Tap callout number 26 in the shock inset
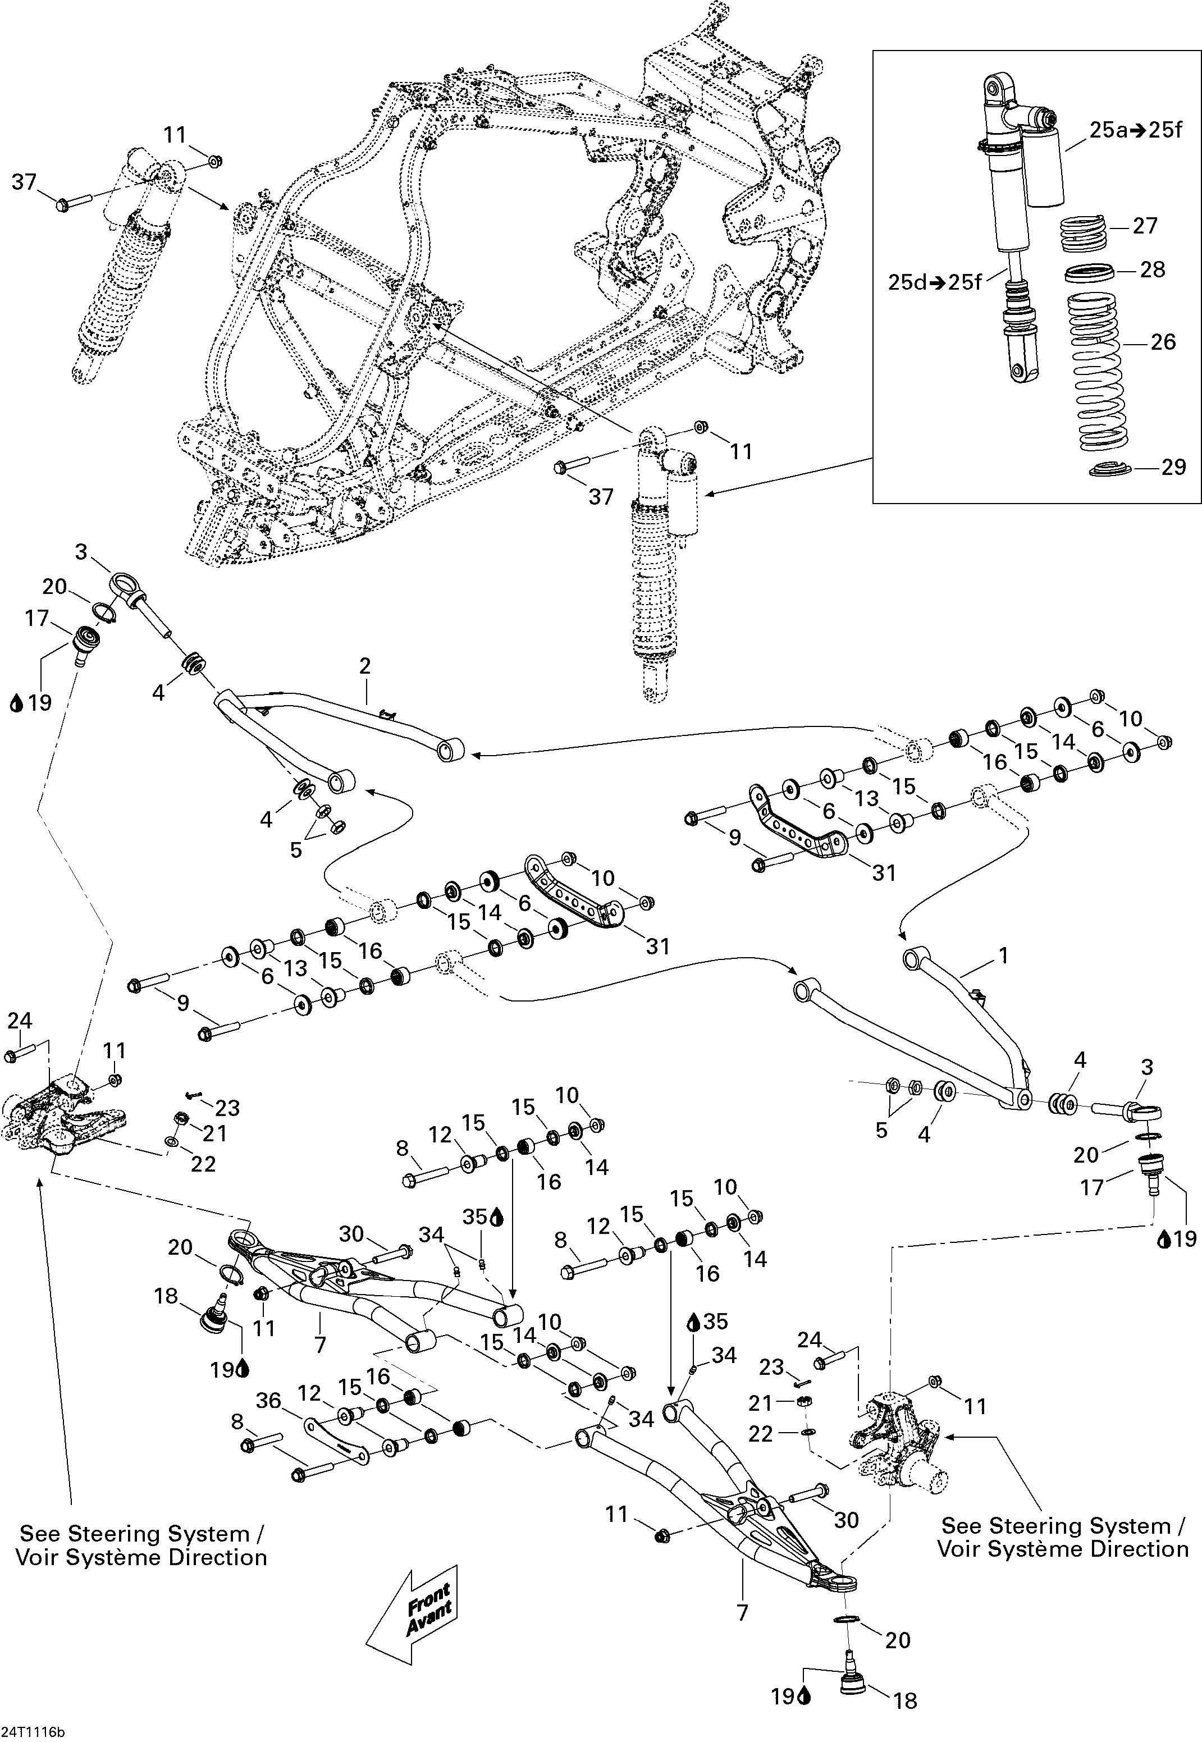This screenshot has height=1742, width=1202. point(1163,342)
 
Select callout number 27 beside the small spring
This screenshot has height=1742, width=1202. point(1145,225)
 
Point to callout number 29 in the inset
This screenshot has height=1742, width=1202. point(1173,467)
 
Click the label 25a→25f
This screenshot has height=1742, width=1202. point(1136,130)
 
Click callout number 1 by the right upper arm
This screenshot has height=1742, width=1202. point(1003,955)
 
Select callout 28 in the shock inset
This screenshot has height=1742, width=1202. point(1152,269)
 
